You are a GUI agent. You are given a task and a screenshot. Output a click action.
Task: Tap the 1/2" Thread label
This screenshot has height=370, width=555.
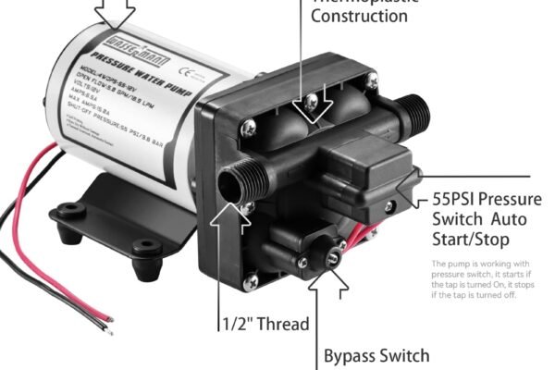coord(265,325)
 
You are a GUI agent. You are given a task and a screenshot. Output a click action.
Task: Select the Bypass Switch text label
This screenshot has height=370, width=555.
coord(376,355)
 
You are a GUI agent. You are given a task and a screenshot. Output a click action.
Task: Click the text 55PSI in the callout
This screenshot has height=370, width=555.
coord(456,201)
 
